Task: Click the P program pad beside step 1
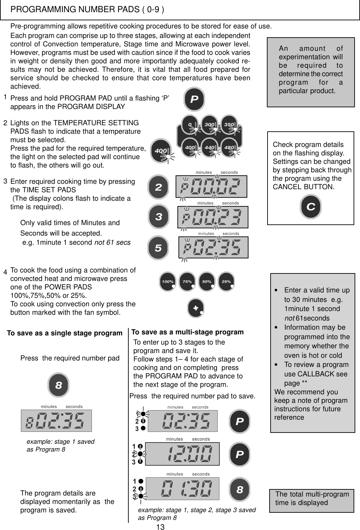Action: (194, 99)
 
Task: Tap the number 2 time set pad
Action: (158, 187)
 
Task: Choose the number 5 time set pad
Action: (158, 248)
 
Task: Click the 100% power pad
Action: (168, 282)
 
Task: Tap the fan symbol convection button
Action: (196, 309)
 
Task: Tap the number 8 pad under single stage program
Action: (59, 385)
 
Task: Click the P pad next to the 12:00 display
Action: (240, 454)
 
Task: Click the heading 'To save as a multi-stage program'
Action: (187, 332)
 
